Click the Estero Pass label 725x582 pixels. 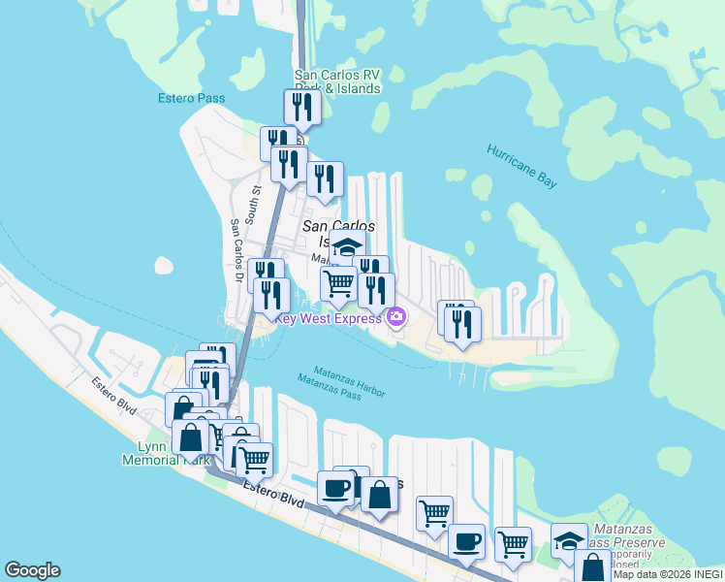tap(192, 98)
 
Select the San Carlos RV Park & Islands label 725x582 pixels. tap(337, 81)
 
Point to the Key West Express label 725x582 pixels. tap(328, 317)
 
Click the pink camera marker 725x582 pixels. tap(395, 316)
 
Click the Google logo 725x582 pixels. tap(32, 570)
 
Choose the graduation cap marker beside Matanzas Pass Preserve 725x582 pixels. tap(569, 540)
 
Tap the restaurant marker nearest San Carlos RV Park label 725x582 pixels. tap(302, 106)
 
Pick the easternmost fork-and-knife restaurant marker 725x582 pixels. tap(464, 324)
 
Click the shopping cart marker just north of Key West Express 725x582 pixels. tap(338, 282)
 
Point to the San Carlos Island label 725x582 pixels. tap(338, 233)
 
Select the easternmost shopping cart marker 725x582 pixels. tap(513, 544)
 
